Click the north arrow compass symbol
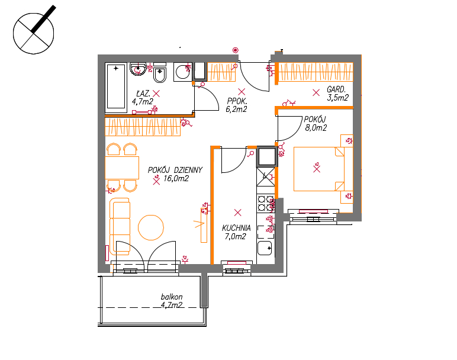coord(34,33)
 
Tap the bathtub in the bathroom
coord(116,88)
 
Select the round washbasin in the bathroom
coord(138,69)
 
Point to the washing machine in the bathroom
coord(183,72)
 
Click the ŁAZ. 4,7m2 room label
coord(143,98)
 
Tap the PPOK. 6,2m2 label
coord(236,105)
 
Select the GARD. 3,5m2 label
coord(337,94)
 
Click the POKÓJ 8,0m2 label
coord(316,124)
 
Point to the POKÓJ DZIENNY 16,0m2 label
coord(175,174)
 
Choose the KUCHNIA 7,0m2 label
coord(236,232)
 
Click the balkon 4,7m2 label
coord(172,301)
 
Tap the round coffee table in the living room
coord(151,227)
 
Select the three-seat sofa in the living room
coord(120,227)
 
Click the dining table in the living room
coord(122,168)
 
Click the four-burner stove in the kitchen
coord(266,203)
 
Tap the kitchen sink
coord(265,248)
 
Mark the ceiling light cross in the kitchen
coord(238,213)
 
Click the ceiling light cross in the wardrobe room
coord(316,93)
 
